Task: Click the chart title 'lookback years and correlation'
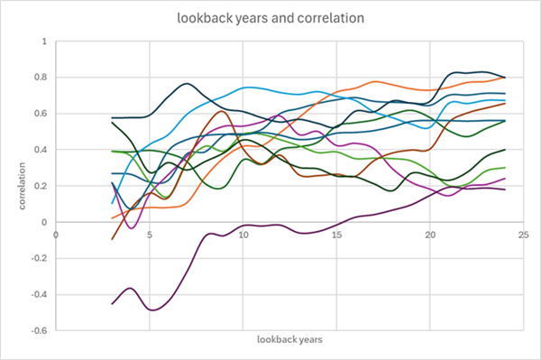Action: click(270, 18)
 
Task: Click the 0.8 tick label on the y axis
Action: click(41, 78)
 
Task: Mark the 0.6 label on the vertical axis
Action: click(41, 114)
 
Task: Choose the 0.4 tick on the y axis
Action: click(41, 150)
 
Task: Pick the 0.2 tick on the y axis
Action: click(41, 186)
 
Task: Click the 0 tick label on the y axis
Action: click(45, 222)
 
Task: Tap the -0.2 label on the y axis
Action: click(40, 258)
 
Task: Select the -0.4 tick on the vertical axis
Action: click(40, 294)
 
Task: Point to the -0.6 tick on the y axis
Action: click(40, 330)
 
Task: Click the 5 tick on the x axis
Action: click(149, 232)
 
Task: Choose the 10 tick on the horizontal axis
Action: click(243, 232)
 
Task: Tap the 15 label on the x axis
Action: click(336, 232)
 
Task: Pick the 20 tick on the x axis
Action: click(430, 232)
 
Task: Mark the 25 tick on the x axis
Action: click(524, 232)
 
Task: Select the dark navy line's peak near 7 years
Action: click(187, 84)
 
